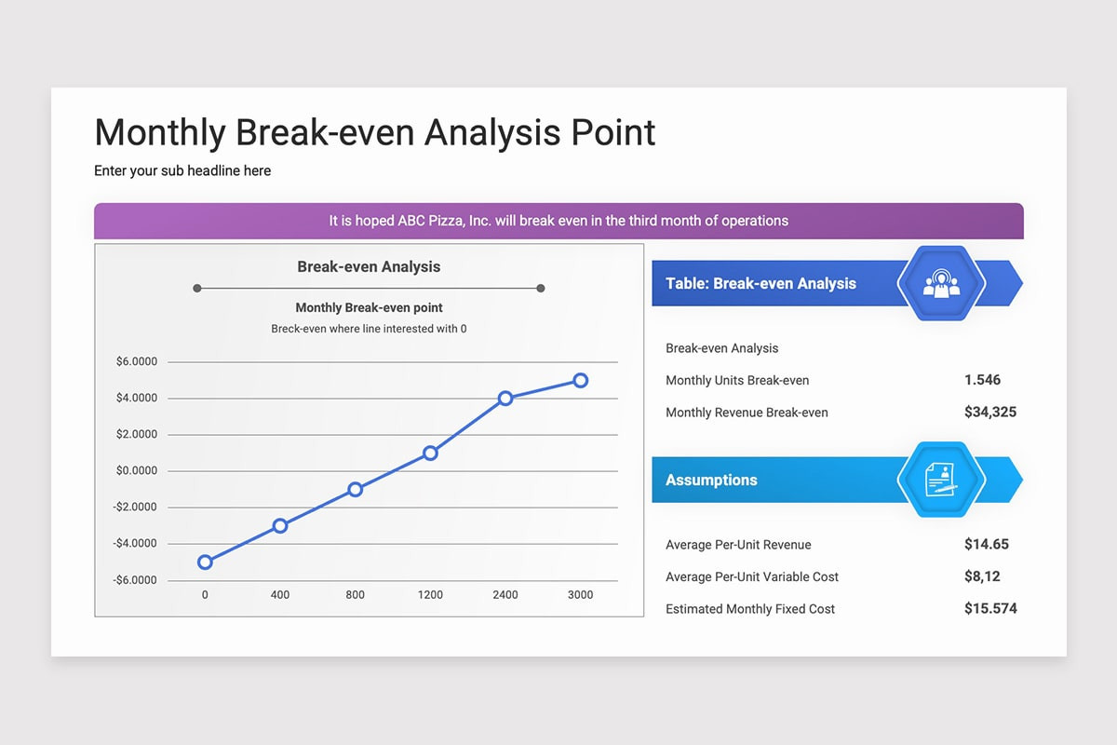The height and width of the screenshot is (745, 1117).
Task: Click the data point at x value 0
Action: (205, 562)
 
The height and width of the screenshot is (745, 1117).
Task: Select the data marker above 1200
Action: (430, 453)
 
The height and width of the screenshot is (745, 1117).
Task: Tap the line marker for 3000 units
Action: (580, 380)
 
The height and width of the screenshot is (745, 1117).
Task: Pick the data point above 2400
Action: (505, 398)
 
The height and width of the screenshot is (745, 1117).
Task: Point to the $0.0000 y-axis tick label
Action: (137, 471)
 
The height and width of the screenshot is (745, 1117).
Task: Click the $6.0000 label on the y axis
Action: (137, 362)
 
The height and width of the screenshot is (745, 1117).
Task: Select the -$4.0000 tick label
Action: (135, 544)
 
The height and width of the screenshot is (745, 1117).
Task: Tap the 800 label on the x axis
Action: (355, 595)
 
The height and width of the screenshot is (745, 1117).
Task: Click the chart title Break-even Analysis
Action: (369, 266)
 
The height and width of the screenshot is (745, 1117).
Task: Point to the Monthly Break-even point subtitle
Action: (369, 308)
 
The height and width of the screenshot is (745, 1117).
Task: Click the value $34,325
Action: (990, 412)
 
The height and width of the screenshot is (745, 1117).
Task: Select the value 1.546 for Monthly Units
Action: (982, 380)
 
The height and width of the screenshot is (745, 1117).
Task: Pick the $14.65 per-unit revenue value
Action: (987, 544)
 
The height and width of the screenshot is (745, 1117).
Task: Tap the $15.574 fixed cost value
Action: (990, 609)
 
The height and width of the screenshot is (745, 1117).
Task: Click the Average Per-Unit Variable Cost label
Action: (752, 577)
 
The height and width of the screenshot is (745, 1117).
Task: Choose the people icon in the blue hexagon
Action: (941, 284)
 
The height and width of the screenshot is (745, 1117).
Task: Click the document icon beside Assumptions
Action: (941, 481)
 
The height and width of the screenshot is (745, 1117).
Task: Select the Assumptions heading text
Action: (711, 481)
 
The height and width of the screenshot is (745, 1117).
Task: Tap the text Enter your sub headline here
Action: (182, 171)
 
